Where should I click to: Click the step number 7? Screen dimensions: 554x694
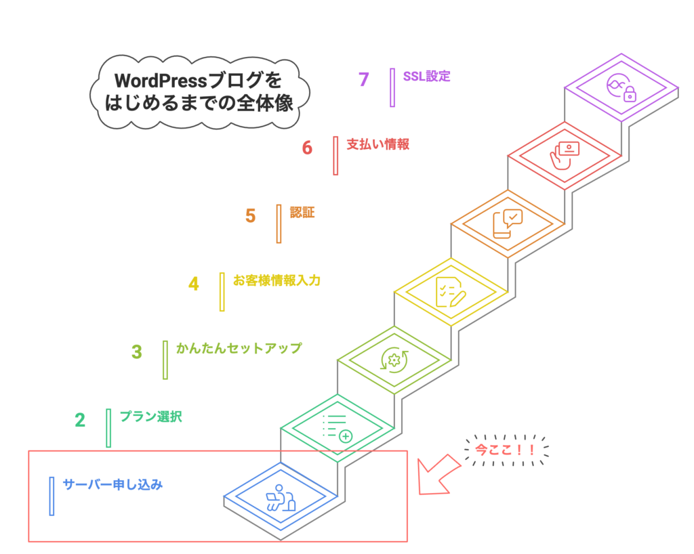click(364, 79)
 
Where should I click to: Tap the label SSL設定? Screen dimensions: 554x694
click(426, 76)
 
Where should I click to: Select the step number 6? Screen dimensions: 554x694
click(307, 148)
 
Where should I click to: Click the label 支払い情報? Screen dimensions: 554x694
click(377, 144)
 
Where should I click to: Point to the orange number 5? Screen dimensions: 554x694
click(251, 216)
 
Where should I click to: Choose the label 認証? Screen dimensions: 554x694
click(302, 213)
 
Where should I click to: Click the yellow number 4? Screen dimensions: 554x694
click(194, 284)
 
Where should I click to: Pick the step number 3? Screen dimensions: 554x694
click(137, 352)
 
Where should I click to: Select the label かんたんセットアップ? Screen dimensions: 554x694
click(239, 349)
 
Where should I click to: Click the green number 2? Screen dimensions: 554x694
click(80, 421)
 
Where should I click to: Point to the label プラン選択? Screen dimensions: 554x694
click(150, 417)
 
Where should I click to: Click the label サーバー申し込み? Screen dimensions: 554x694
click(113, 485)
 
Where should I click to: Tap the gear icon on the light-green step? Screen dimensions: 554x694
click(392, 360)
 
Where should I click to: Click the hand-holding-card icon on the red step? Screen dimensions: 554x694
click(563, 156)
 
